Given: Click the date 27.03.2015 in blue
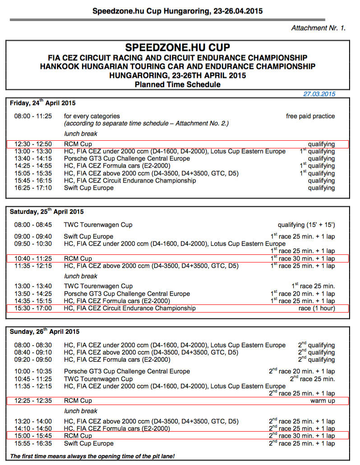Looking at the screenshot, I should (319, 94).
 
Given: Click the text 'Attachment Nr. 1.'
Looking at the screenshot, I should (318, 28).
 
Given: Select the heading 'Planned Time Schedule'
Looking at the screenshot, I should (177, 84).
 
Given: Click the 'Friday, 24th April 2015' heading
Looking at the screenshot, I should (43, 103).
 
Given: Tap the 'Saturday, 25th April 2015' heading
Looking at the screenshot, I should (47, 211).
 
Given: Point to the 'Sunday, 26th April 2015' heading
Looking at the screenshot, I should (45, 331).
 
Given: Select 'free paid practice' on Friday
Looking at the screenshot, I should (310, 116).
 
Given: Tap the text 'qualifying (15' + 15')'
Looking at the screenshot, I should (306, 224).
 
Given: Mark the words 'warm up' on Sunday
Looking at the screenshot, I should (323, 401).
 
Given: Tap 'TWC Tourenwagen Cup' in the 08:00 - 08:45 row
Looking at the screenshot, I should (98, 224).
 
